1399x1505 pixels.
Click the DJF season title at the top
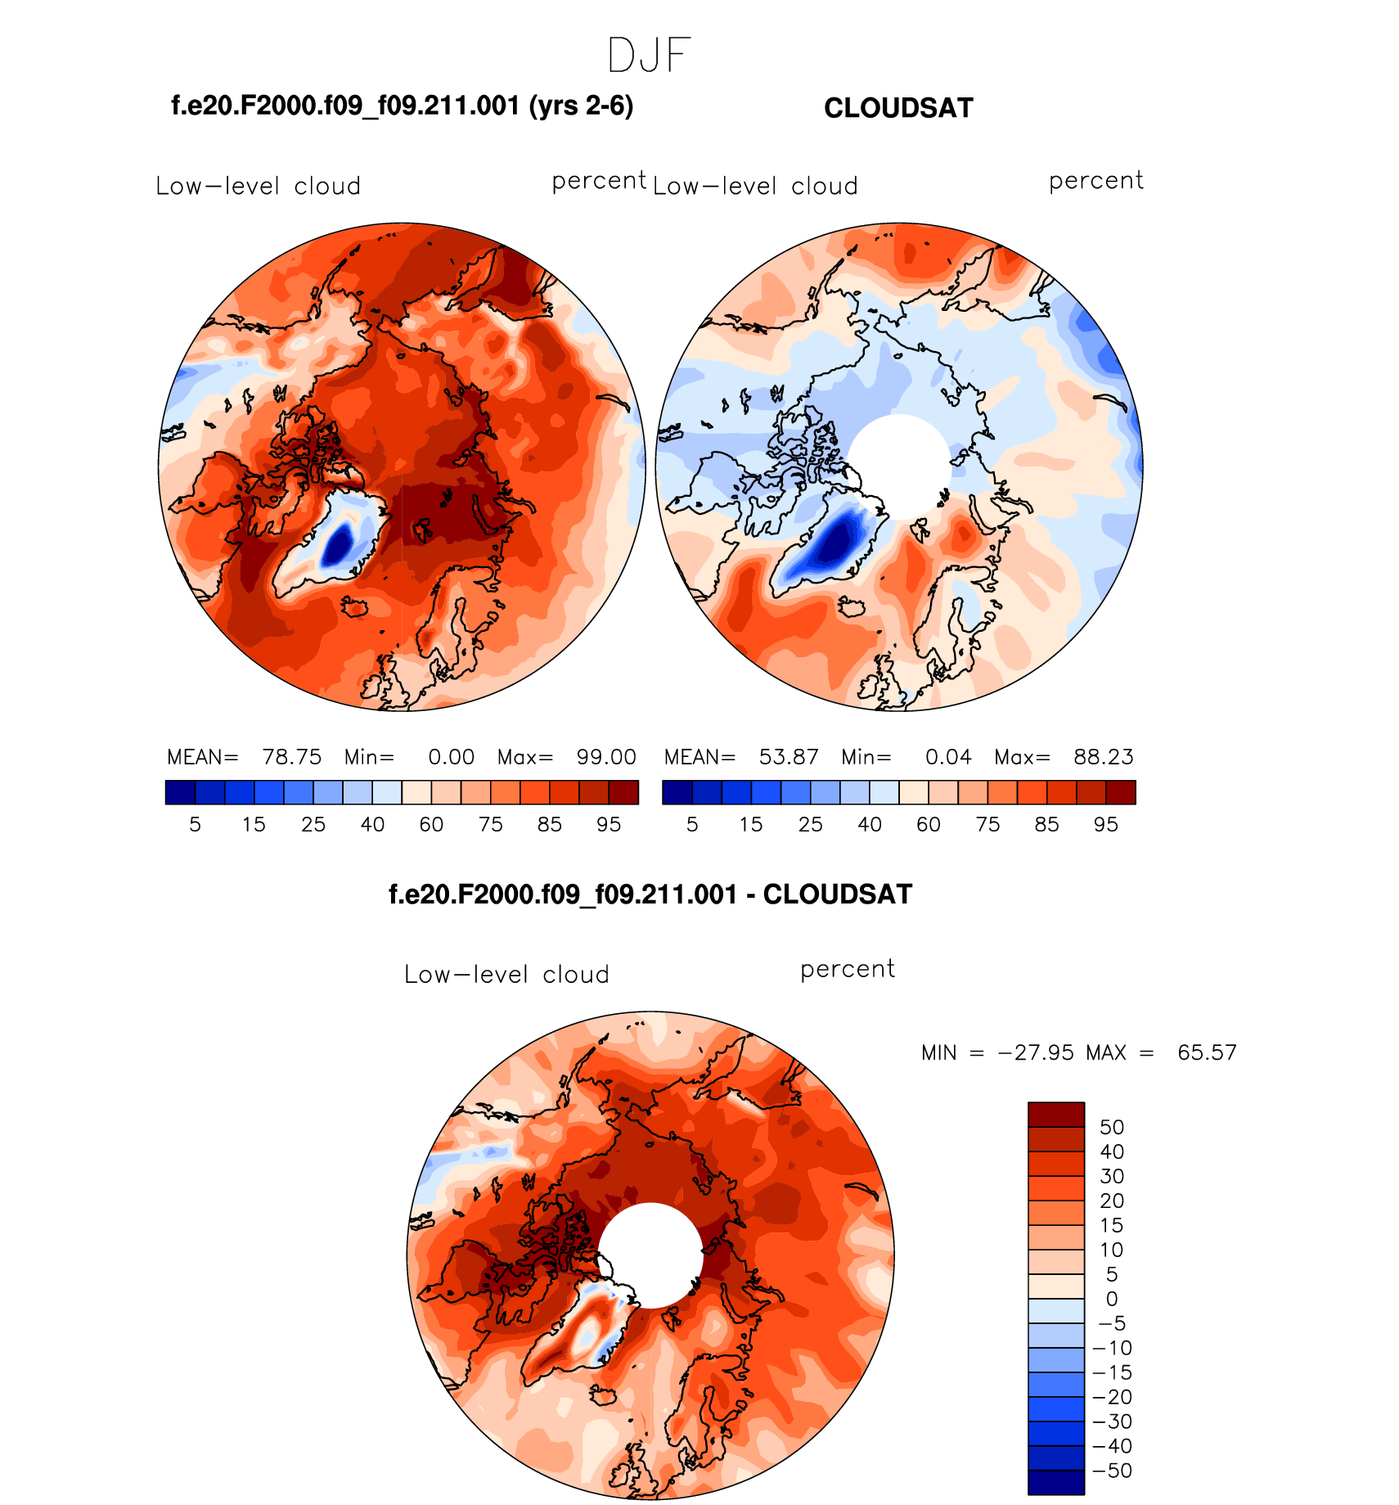[650, 56]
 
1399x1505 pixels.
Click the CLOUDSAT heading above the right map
[898, 108]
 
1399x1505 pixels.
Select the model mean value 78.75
[291, 757]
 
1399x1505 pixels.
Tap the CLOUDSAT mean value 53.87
[789, 757]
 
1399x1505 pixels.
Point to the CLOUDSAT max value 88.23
[1103, 757]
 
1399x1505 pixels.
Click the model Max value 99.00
[606, 757]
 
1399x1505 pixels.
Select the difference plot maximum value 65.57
[1207, 1052]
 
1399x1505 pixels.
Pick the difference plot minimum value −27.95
[1036, 1052]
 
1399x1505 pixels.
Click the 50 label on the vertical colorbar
[1111, 1128]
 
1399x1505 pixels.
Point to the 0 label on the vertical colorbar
[1111, 1300]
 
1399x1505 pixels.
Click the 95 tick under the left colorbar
[609, 825]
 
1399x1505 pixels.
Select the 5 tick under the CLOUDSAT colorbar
[692, 825]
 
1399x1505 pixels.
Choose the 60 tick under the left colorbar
[431, 825]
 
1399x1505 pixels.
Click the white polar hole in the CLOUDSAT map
[899, 466]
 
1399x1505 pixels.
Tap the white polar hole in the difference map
[650, 1255]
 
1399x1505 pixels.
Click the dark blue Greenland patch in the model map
[337, 545]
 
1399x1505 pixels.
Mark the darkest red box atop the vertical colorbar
[1056, 1115]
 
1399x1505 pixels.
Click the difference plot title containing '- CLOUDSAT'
[650, 894]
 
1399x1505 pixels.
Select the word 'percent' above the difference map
[848, 970]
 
